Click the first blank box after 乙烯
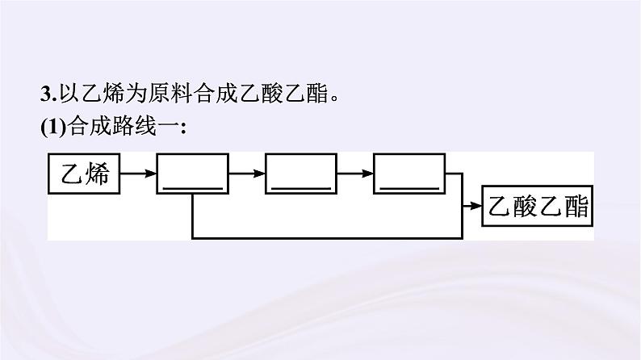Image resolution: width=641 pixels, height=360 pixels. [x=193, y=173]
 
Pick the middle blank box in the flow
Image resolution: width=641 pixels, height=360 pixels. [x=301, y=173]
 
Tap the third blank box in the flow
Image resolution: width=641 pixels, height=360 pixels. [x=409, y=173]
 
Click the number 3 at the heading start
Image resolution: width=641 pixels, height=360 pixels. [x=45, y=94]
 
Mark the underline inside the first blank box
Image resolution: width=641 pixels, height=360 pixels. [x=193, y=187]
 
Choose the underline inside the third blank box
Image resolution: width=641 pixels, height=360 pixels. [x=409, y=187]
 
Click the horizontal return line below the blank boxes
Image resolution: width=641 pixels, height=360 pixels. [x=323, y=237]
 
